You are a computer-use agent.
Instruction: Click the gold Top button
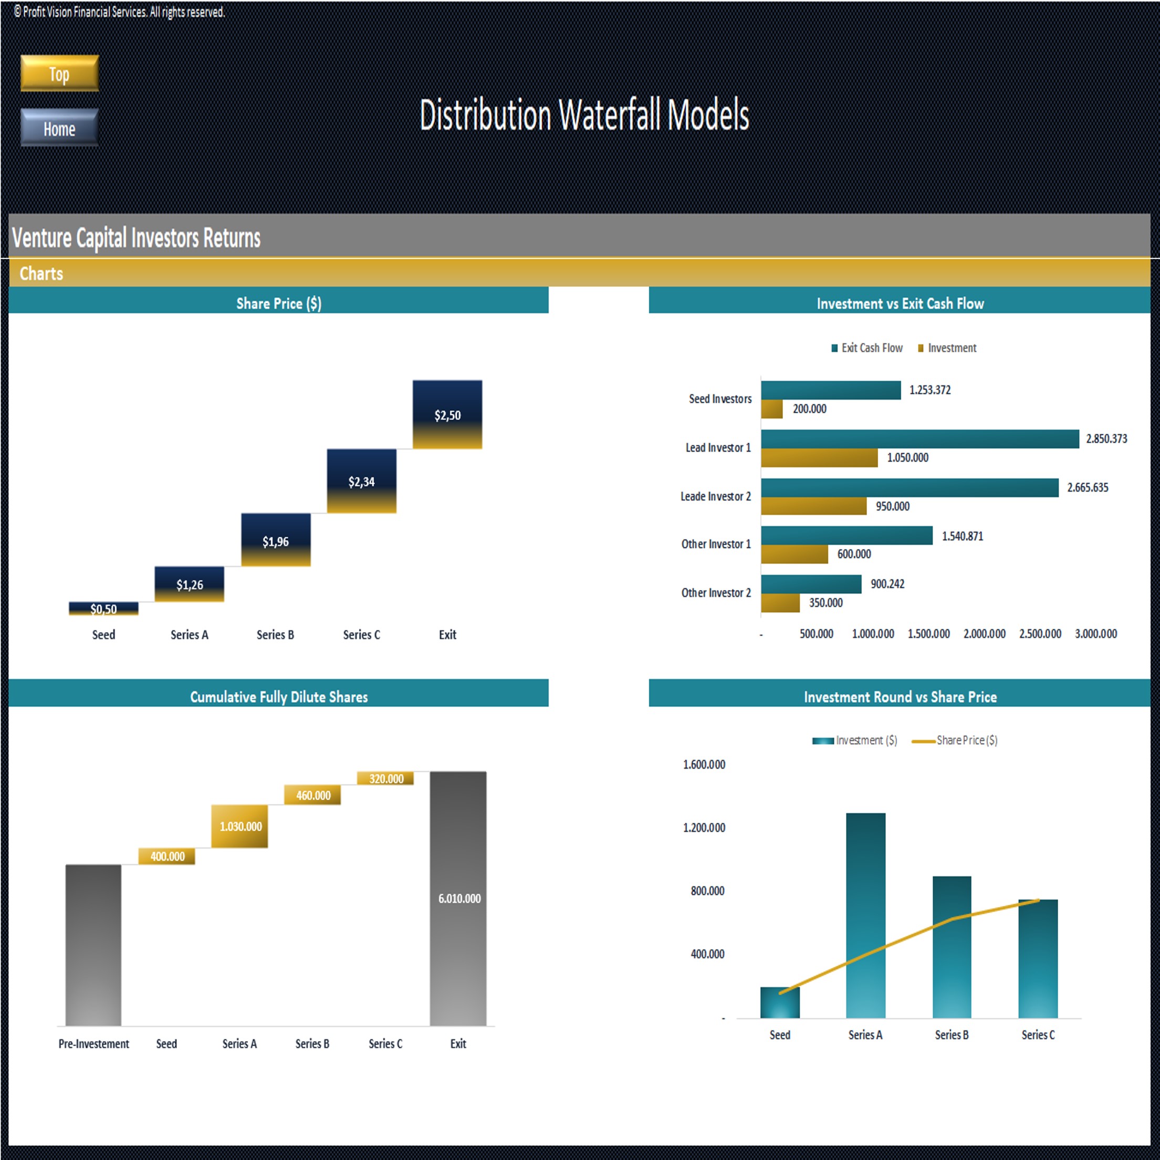59,73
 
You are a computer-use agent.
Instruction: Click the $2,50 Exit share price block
447,414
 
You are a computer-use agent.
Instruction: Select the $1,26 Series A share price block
189,583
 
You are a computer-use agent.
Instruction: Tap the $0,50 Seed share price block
103,608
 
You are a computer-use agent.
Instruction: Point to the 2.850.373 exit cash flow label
1106,439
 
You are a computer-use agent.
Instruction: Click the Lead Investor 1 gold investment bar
819,457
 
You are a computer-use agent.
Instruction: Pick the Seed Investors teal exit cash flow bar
830,390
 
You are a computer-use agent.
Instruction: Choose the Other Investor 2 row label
716,593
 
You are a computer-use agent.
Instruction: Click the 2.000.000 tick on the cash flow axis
984,634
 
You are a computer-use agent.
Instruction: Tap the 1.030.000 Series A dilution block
239,826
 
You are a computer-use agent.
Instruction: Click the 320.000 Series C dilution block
385,779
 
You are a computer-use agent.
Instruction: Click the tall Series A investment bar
865,915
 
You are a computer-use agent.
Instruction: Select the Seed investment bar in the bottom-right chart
779,1002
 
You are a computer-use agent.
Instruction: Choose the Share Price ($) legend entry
955,740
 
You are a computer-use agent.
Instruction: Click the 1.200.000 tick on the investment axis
704,828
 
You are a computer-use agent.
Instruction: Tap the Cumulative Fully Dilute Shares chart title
279,696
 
